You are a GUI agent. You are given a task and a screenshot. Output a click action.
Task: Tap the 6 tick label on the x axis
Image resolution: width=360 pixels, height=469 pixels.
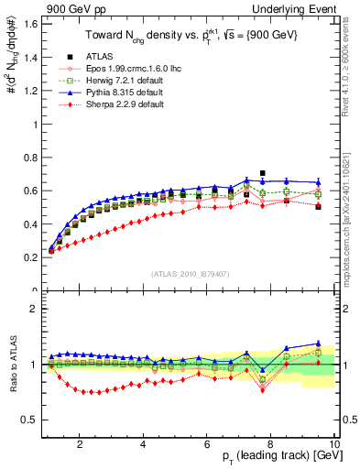(207, 445)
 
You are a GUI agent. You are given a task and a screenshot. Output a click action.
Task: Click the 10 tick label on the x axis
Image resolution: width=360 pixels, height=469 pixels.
(334, 445)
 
